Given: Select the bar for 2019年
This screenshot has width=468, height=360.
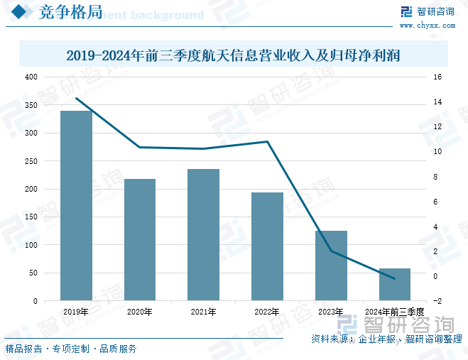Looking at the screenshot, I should point(76,205).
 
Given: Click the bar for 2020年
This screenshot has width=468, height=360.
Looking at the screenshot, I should point(140,239).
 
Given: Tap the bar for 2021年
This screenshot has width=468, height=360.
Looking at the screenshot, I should point(203,234).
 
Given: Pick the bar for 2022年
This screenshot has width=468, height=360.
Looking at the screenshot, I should point(267,246).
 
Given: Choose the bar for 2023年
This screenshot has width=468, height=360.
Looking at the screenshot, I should point(331,266).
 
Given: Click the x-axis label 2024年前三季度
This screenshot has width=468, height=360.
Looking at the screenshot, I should point(394,312).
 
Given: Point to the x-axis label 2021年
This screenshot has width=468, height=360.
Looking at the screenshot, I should point(203,312).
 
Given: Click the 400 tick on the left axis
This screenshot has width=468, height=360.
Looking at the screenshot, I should point(31,77).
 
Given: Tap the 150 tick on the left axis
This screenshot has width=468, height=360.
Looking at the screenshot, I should point(31,217).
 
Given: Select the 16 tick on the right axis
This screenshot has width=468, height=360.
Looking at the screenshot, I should point(437,77).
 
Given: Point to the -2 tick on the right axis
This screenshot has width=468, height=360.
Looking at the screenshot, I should point(437,301).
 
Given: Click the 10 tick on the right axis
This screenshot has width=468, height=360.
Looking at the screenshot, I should point(437,152).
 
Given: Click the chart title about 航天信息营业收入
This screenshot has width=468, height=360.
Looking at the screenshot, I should point(233,55).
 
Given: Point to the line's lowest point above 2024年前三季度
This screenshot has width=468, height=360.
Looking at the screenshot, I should point(394,279).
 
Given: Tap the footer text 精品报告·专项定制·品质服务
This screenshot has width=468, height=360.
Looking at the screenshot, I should point(71,349).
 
